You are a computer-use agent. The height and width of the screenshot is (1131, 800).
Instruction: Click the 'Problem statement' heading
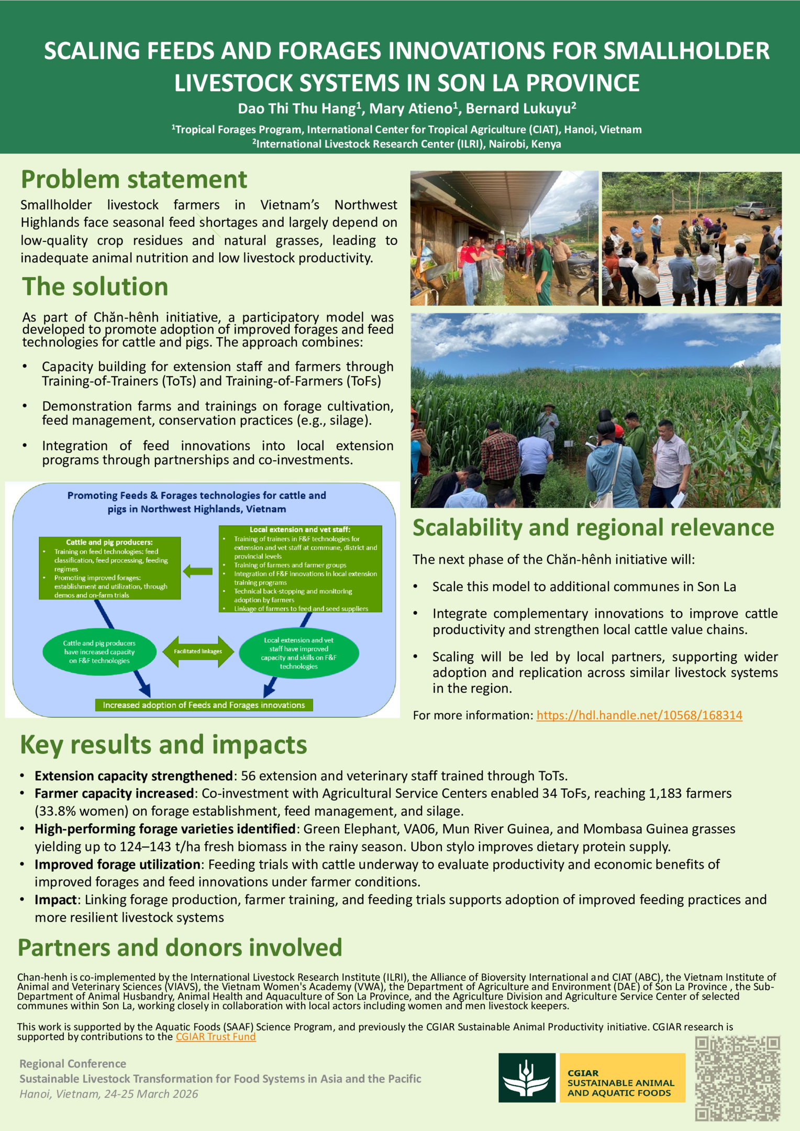134,180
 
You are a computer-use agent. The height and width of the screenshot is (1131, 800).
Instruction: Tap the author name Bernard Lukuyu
518,109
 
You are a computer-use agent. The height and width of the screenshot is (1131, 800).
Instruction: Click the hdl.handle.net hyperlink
639,715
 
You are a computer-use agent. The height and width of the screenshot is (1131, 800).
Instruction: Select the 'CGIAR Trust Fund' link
216,1037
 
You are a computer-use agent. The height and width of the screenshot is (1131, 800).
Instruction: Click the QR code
737,1078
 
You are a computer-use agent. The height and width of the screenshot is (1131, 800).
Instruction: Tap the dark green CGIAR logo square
527,1078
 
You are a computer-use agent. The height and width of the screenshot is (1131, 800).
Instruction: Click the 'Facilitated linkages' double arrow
198,651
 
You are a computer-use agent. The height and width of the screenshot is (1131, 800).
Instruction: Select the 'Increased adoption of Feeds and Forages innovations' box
204,705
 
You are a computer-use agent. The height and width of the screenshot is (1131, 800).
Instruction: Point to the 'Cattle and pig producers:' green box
109,568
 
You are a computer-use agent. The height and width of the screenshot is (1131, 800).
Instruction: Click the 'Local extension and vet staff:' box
300,569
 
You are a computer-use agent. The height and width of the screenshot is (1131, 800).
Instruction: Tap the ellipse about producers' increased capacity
99,652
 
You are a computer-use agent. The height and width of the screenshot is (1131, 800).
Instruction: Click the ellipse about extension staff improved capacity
299,653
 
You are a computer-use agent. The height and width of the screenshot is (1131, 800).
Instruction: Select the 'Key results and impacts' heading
163,745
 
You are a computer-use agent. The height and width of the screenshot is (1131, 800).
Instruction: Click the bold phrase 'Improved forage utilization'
118,864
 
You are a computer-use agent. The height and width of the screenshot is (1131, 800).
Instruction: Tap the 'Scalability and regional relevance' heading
593,527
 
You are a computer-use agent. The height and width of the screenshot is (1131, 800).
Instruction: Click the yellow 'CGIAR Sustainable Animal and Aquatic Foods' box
622,1078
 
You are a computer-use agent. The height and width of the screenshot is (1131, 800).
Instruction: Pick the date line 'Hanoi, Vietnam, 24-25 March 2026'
109,1093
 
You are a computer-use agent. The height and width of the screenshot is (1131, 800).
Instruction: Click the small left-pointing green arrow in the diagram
198,571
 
